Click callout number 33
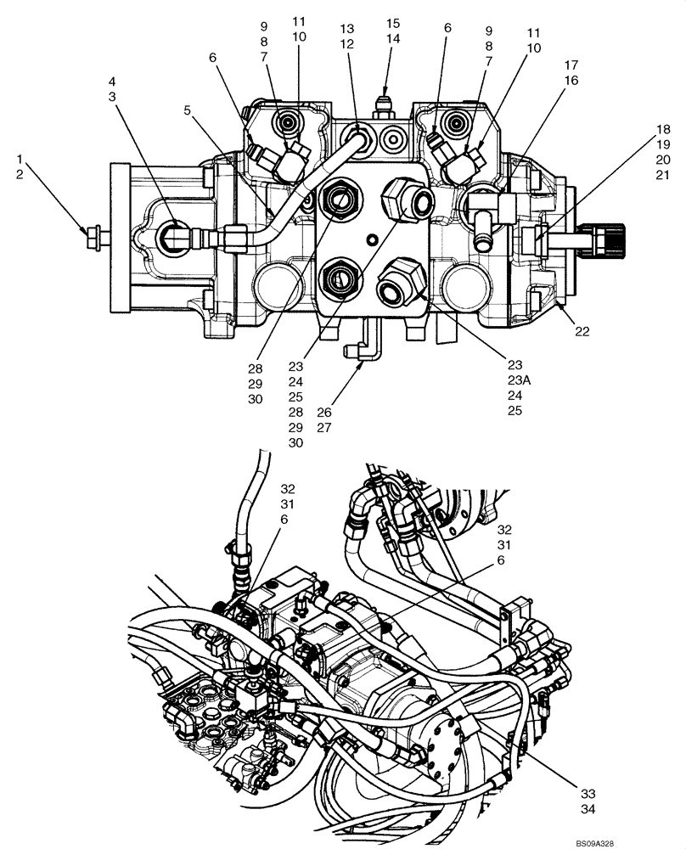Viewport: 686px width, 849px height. tap(588, 793)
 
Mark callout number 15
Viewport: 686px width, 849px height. tap(393, 22)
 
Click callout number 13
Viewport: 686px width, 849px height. tap(346, 29)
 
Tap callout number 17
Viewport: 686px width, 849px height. tap(570, 65)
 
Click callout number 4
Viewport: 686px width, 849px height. tap(111, 82)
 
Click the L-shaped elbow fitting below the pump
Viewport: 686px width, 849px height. tap(358, 349)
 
